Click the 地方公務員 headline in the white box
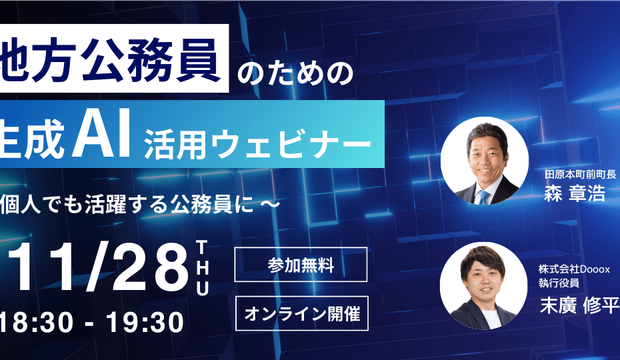click(x=110, y=59)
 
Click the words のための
click(x=295, y=73)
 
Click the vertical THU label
click(x=202, y=268)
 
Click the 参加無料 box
click(x=301, y=265)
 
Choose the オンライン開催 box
click(x=302, y=313)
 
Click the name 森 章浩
click(x=575, y=193)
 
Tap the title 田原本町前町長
click(x=580, y=174)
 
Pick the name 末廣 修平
click(x=579, y=305)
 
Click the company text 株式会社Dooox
click(x=574, y=269)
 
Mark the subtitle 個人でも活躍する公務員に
click(x=127, y=205)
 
